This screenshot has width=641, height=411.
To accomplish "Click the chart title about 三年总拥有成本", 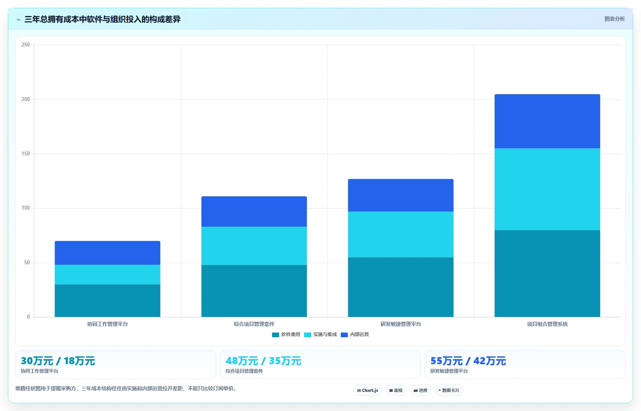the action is pyautogui.click(x=102, y=19).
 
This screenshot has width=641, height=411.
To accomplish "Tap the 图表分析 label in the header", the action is pyautogui.click(x=614, y=19).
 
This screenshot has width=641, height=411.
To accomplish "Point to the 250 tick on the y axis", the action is pyautogui.click(x=25, y=44).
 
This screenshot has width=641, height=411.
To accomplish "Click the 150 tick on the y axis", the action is pyautogui.click(x=25, y=154).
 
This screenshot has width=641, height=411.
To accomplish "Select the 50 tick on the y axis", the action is pyautogui.click(x=27, y=262).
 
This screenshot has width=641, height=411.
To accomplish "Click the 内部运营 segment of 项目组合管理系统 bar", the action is pyautogui.click(x=547, y=121).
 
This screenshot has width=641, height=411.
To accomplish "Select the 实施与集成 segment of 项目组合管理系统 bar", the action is pyautogui.click(x=547, y=189).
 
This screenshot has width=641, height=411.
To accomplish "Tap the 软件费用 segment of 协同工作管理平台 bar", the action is pyautogui.click(x=107, y=301).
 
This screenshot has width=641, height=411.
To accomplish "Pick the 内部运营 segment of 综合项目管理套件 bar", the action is pyautogui.click(x=254, y=212).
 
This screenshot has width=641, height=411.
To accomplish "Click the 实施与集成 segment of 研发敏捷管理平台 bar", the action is pyautogui.click(x=401, y=235).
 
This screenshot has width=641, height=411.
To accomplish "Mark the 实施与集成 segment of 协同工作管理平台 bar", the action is pyautogui.click(x=107, y=274).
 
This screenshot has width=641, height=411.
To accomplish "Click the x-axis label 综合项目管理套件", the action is pyautogui.click(x=254, y=324).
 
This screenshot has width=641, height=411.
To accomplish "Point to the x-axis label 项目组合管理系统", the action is pyautogui.click(x=547, y=324).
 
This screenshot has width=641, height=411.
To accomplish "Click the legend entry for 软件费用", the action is pyautogui.click(x=286, y=334).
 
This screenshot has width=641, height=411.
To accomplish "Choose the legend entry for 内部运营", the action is pyautogui.click(x=355, y=334).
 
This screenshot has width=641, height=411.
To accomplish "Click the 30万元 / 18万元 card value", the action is pyautogui.click(x=58, y=361).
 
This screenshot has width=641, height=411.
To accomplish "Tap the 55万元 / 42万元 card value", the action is pyautogui.click(x=468, y=361).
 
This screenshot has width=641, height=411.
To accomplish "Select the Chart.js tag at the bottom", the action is pyautogui.click(x=368, y=390).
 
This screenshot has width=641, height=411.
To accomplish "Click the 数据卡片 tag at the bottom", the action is pyautogui.click(x=449, y=390).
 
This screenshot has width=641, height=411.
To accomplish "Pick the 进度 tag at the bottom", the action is pyautogui.click(x=420, y=390).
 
